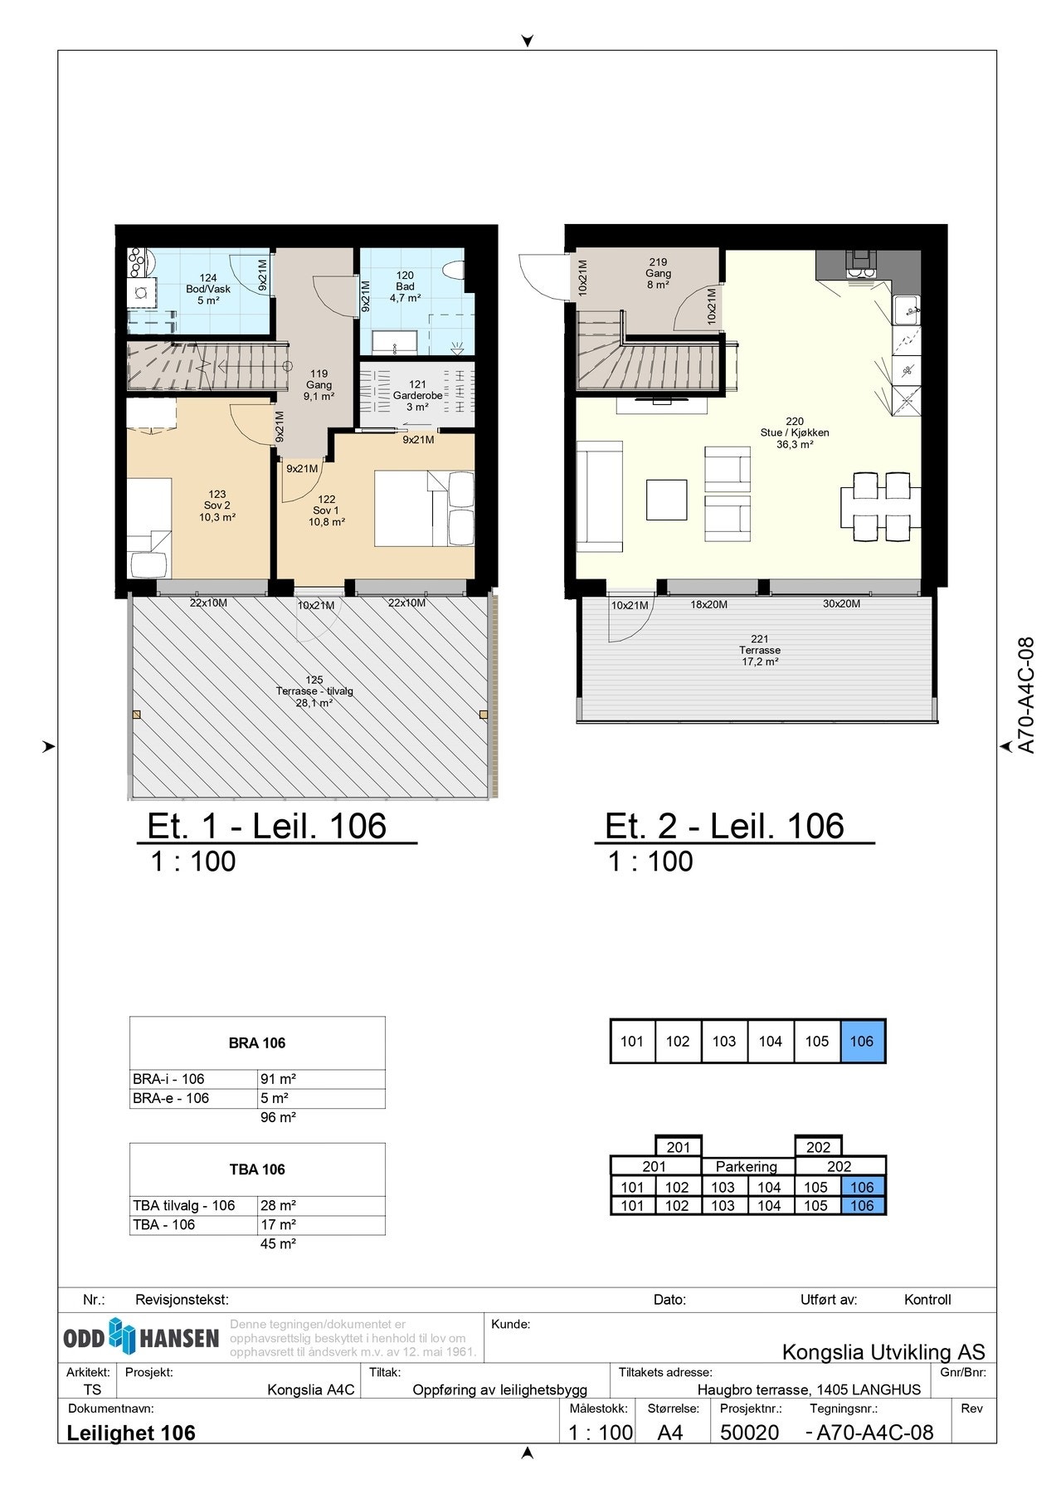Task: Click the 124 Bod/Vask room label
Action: click(x=208, y=289)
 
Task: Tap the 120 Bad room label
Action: click(x=405, y=286)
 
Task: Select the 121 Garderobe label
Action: click(x=417, y=396)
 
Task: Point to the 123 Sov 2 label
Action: click(x=217, y=505)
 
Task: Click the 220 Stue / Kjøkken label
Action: click(x=794, y=432)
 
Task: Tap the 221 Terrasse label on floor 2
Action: click(x=760, y=650)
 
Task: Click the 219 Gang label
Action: click(x=658, y=273)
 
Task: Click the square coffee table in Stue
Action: click(x=667, y=500)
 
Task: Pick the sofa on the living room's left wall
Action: click(x=599, y=496)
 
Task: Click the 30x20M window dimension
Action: click(x=841, y=604)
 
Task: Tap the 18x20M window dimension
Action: click(x=708, y=604)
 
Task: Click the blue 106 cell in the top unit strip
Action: click(x=863, y=1041)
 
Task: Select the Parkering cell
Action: click(x=747, y=1166)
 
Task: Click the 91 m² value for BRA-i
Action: click(x=278, y=1079)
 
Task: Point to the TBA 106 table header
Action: click(x=257, y=1169)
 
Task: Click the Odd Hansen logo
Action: click(x=141, y=1337)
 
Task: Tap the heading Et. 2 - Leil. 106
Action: click(x=724, y=826)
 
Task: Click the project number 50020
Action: click(x=750, y=1432)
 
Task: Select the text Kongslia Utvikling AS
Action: click(x=883, y=1352)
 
